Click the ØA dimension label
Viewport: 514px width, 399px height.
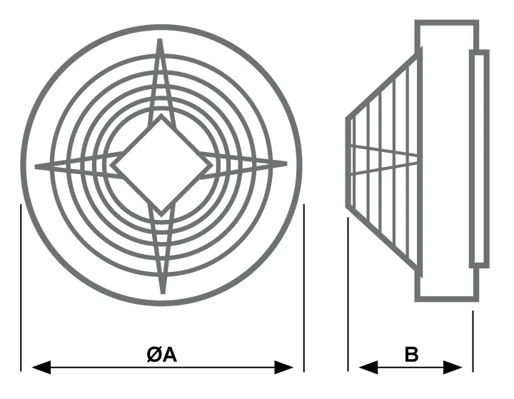tap(162, 355)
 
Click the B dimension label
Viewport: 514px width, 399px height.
tap(411, 355)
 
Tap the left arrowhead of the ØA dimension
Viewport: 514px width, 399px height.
tap(41, 367)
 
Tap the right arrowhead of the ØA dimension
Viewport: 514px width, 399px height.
tap(284, 367)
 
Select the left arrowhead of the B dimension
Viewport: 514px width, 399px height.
tap(368, 367)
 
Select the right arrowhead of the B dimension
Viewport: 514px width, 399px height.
tap(453, 367)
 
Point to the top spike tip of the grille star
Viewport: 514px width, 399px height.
tap(160, 39)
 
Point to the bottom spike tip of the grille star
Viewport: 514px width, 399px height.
tap(163, 293)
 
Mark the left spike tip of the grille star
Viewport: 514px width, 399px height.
tap(36, 167)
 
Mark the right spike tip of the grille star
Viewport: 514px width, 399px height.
tap(286, 163)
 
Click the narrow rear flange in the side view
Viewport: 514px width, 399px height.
tap(479, 158)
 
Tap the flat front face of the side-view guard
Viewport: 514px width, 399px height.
tap(348, 162)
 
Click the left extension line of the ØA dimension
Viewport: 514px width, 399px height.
tap(21, 288)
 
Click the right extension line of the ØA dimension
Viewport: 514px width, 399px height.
tap(304, 288)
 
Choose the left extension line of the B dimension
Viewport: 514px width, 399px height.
tap(348, 294)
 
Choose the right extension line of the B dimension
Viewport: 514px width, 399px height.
tap(473, 341)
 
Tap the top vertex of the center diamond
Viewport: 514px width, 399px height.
tap(161, 115)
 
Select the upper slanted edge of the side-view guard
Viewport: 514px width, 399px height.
tap(384, 84)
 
